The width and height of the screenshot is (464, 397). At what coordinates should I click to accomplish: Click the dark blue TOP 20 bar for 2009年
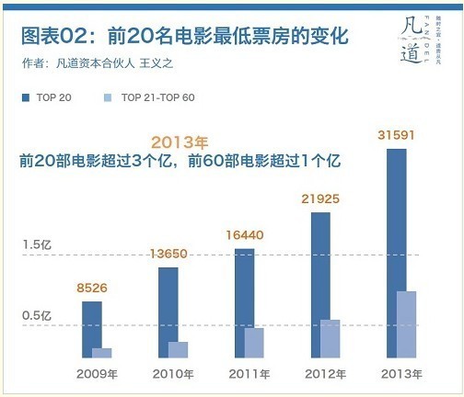coord(92,329)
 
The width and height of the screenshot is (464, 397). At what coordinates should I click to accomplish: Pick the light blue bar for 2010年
coord(178,349)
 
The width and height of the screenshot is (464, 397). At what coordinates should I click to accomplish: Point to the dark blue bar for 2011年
coord(244,302)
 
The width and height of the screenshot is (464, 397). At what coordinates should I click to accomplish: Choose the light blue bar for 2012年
coord(330,338)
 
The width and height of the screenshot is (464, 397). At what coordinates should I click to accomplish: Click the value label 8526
coord(91,289)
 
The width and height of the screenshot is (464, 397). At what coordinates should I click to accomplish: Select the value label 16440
coord(244,235)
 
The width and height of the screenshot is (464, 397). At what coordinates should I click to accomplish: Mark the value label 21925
coord(320,198)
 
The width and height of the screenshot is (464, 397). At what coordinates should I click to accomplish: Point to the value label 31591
coord(396,136)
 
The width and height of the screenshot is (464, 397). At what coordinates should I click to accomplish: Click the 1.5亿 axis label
coord(38,244)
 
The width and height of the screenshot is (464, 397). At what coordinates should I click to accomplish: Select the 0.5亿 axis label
coord(38,315)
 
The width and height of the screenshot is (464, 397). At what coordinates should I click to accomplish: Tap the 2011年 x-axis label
coord(249,374)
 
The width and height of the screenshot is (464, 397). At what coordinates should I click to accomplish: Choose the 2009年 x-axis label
coord(97,374)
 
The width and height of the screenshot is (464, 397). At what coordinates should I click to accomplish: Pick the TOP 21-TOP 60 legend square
coord(108,96)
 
